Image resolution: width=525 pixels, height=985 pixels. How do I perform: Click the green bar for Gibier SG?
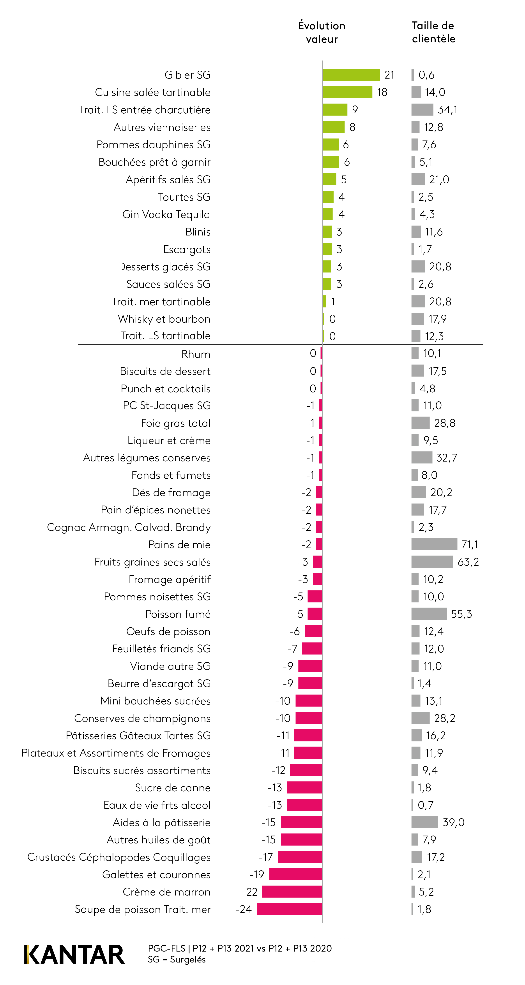(351, 75)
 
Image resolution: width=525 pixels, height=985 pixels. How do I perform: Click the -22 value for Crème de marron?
(250, 892)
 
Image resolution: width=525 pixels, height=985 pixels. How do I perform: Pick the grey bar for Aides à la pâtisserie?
(424, 822)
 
